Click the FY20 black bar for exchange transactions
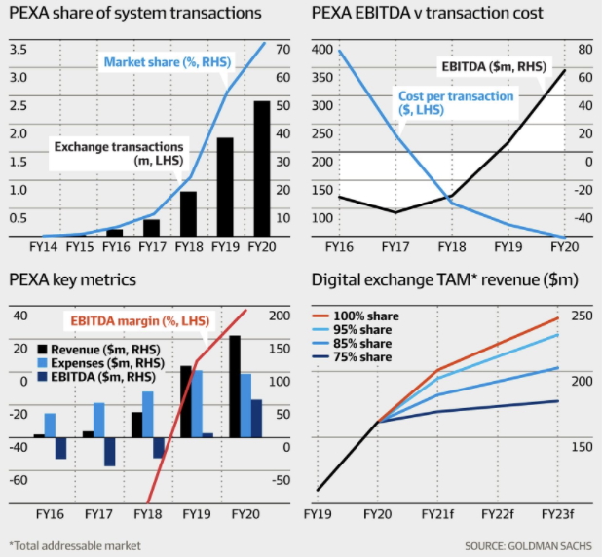[x=261, y=167]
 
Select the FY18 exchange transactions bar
[x=188, y=213]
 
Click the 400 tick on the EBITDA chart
[x=321, y=49]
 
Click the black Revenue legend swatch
[x=42, y=348]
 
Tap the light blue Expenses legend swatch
[x=42, y=362]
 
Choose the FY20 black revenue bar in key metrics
[x=235, y=387]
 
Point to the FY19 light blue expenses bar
[x=197, y=403]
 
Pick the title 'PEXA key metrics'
[x=73, y=280]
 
